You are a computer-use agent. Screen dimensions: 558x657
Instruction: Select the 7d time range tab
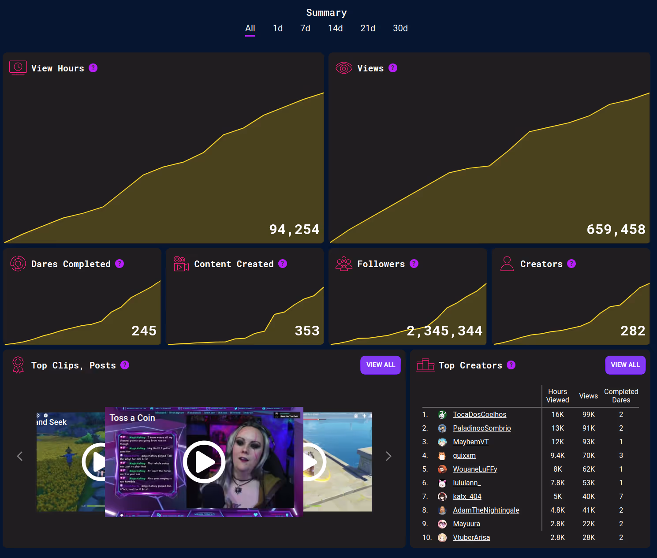(x=305, y=28)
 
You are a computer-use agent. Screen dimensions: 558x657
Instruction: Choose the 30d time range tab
(x=400, y=28)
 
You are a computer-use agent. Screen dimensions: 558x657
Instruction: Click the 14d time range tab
(x=335, y=28)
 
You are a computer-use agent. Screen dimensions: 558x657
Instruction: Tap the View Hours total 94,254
(x=294, y=229)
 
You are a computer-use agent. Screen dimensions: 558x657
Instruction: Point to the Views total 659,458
(x=616, y=229)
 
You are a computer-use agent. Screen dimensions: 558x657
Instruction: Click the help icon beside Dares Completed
(x=119, y=264)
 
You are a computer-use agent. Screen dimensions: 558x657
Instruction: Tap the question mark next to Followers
(x=414, y=264)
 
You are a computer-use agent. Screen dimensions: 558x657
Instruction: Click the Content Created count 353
(x=307, y=331)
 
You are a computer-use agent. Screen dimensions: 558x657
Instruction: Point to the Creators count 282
(x=633, y=331)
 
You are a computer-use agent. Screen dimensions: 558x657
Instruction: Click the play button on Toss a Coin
(x=204, y=461)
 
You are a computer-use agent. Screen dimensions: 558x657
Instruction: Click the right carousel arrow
(x=388, y=456)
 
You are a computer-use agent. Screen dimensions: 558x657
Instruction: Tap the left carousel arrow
(x=19, y=456)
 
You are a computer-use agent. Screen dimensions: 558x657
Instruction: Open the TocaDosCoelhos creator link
(x=479, y=414)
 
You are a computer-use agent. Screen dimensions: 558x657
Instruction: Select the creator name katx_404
(x=467, y=496)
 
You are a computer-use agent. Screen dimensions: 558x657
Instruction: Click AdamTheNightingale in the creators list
(x=486, y=510)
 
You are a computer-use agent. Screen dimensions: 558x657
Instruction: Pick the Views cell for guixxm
(x=588, y=455)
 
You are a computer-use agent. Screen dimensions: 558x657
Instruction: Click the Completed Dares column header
(x=621, y=395)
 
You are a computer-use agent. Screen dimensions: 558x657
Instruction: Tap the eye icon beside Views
(x=343, y=68)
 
